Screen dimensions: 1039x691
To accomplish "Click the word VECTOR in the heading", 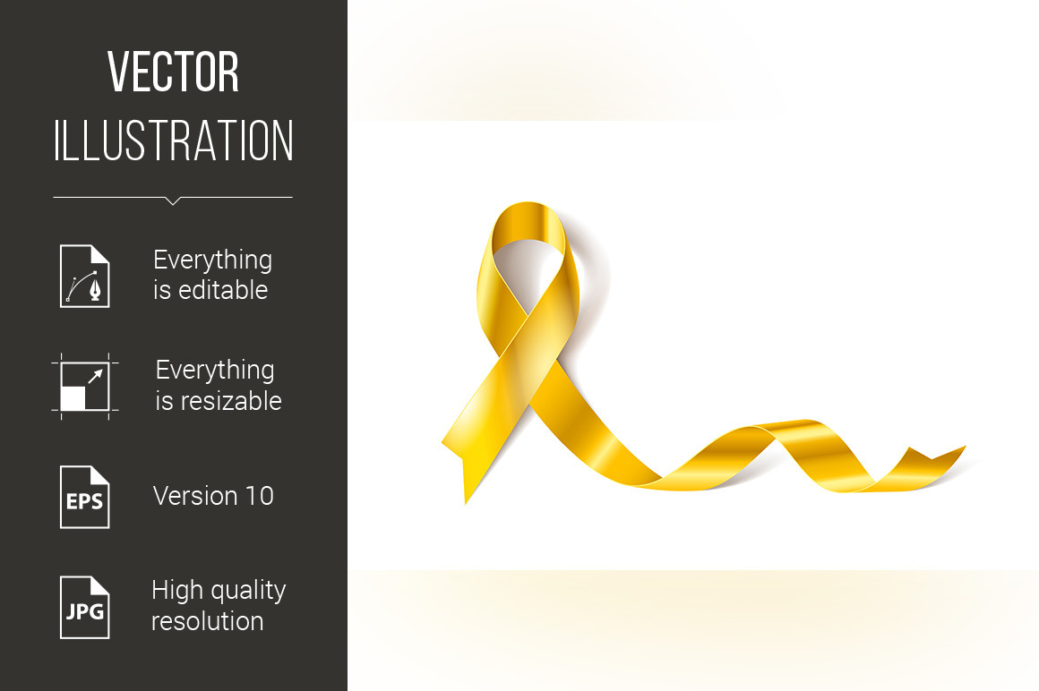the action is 173,72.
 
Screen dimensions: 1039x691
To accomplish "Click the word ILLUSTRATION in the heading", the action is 173,141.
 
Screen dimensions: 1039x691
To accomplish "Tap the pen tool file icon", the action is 85,276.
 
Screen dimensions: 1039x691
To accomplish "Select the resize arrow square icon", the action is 85,387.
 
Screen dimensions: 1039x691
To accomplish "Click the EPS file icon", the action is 85,497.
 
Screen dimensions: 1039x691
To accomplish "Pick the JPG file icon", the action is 85,608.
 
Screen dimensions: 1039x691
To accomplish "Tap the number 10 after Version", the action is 260,496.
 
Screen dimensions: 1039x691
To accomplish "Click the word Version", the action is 195,496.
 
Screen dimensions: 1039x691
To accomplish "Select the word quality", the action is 247,591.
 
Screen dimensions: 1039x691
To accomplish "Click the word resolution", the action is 208,621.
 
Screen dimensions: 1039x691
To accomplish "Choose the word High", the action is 176,590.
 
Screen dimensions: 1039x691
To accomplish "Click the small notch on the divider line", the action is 173,201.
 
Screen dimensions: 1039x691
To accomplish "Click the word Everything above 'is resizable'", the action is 215,371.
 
